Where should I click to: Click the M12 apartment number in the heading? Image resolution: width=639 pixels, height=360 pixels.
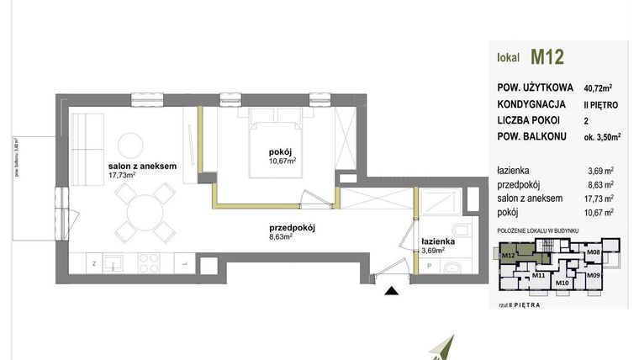pos(547,57)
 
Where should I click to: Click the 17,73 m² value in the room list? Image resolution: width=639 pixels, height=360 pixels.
pos(601,198)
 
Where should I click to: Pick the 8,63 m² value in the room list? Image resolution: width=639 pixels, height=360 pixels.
pos(601,184)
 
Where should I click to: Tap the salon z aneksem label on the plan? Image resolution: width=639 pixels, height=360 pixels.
pos(141,167)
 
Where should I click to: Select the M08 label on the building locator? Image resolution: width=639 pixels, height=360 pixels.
pos(592,251)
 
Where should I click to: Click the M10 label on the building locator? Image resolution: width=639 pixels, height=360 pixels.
pos(562,283)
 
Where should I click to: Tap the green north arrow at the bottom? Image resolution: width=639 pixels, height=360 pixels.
pos(446,347)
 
